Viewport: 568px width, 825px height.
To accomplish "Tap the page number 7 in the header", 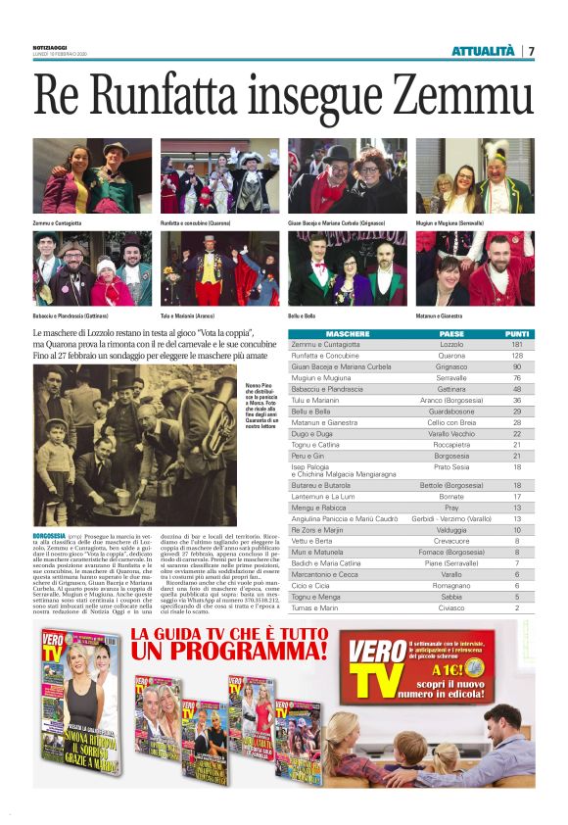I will pos(531,51).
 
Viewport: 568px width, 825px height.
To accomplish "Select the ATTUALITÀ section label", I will pos(483,51).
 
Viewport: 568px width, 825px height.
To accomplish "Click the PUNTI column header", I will pos(516,334).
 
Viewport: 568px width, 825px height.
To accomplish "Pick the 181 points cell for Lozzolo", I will pos(516,345).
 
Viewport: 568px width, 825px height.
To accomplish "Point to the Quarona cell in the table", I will pos(451,356).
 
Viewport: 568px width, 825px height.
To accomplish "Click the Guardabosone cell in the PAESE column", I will pos(451,411).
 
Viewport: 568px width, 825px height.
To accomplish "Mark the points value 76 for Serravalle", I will pos(516,377).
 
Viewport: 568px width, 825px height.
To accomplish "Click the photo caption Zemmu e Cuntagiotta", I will pos(57,224).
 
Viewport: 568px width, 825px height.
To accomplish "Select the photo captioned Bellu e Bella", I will pos(347,269).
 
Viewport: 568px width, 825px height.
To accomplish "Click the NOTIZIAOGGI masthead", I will pos(48,48).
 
